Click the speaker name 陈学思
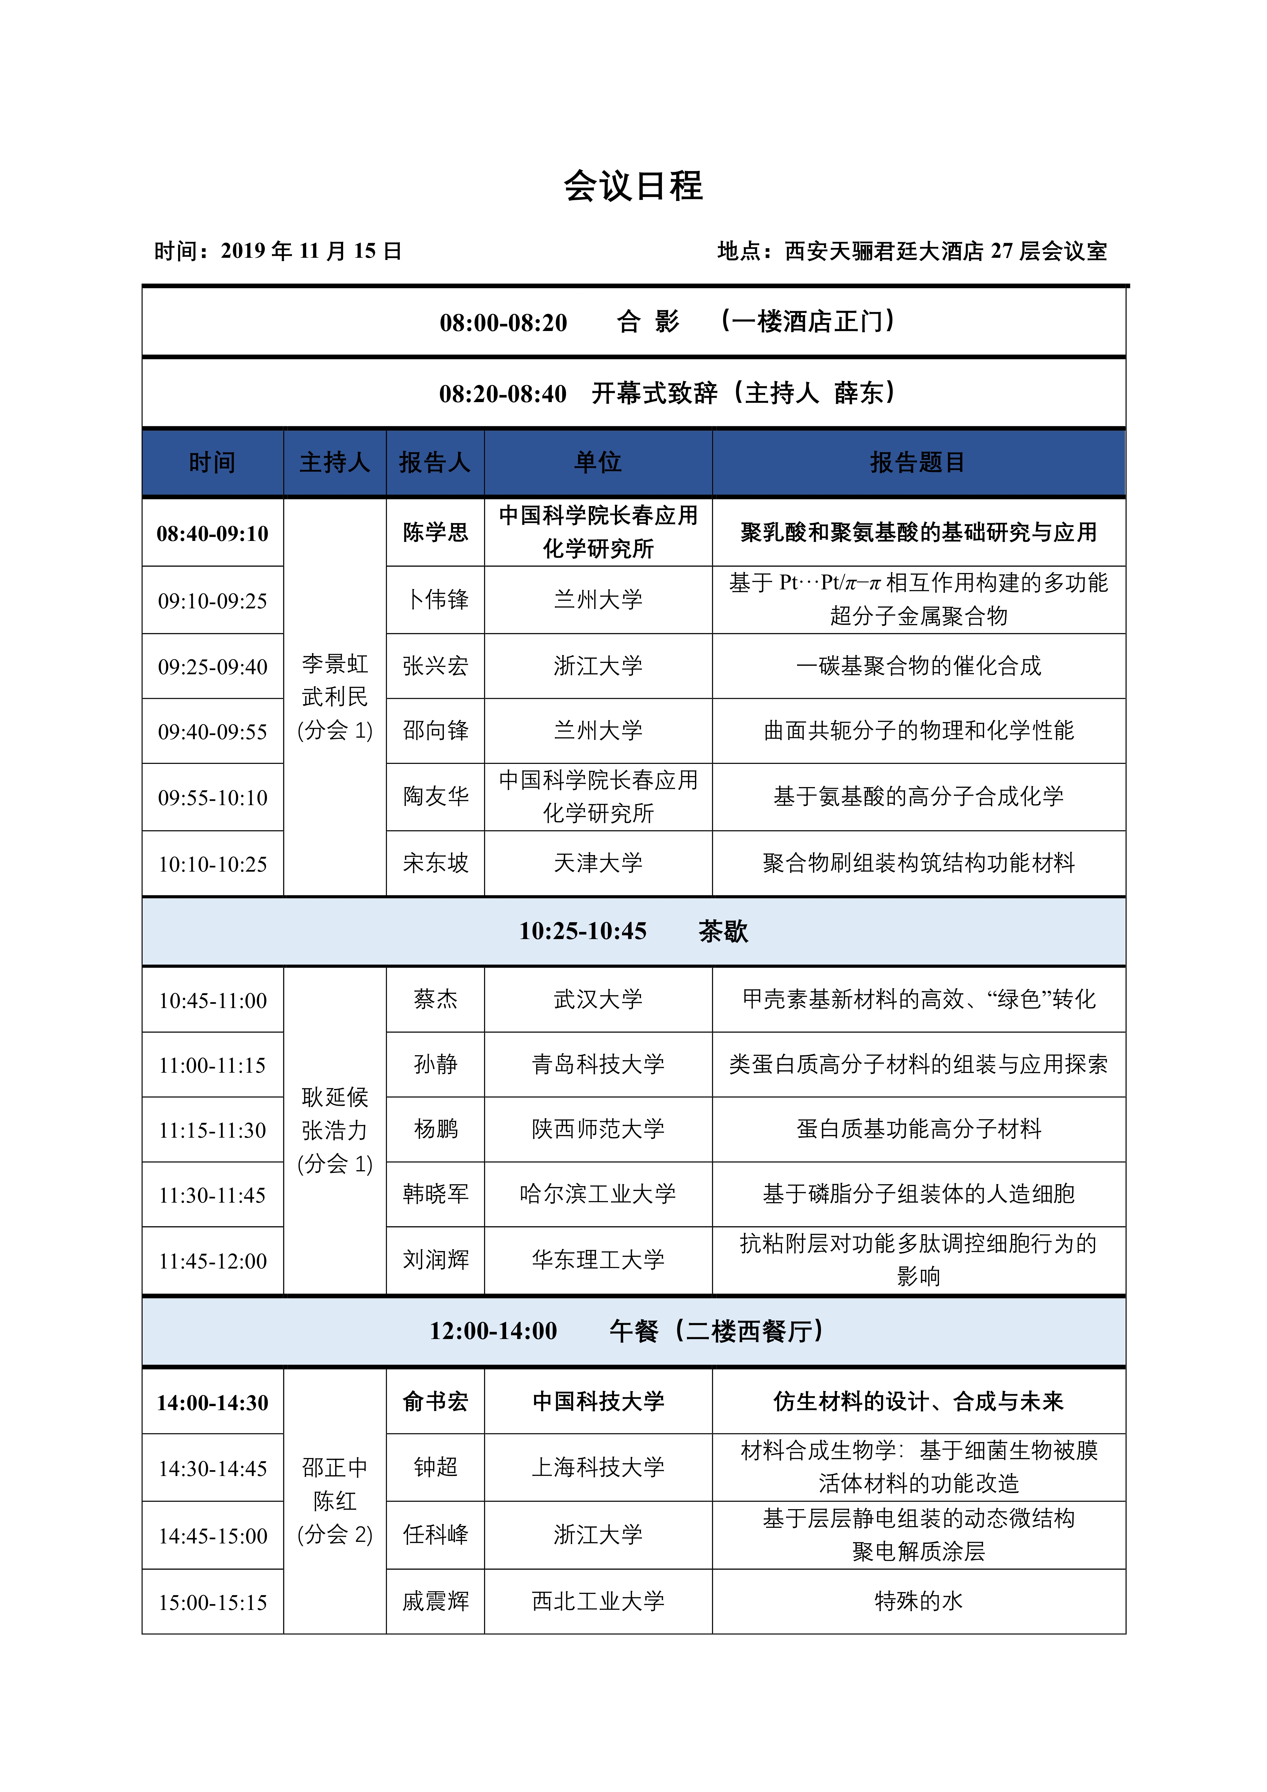[x=436, y=532]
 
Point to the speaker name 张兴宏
[x=436, y=666]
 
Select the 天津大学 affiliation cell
[x=598, y=863]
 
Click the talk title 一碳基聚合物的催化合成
[x=918, y=666]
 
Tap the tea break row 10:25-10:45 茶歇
[x=633, y=931]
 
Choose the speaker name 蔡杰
[x=436, y=1000]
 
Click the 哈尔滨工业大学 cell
[x=598, y=1194]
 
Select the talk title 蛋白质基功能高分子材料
[x=918, y=1129]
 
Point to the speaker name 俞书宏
[x=436, y=1402]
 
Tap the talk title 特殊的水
[x=918, y=1602]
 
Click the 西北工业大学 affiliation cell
[x=598, y=1602]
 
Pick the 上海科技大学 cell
[x=598, y=1467]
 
